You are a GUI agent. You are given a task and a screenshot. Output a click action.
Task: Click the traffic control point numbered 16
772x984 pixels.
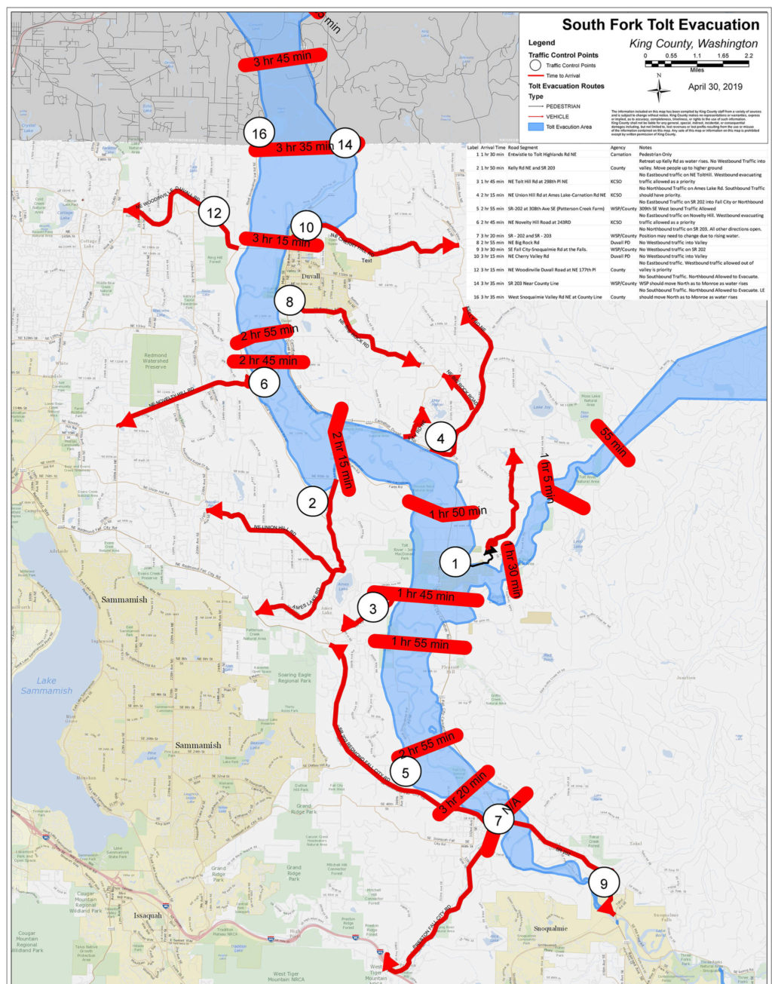259,134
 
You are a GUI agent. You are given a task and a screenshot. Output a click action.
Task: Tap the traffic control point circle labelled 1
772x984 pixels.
455,563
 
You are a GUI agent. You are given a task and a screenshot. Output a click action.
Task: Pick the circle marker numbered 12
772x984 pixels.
214,213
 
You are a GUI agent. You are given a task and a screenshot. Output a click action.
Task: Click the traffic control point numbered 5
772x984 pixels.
406,773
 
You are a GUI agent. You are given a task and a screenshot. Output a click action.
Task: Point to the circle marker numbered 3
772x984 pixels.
372,608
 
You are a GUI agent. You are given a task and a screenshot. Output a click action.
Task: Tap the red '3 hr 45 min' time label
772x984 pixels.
282,59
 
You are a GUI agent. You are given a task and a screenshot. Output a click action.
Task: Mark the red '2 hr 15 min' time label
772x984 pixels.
341,448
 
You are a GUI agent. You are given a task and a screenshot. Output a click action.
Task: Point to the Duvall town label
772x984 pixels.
310,276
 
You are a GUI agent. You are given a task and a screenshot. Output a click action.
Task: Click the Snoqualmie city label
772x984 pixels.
550,928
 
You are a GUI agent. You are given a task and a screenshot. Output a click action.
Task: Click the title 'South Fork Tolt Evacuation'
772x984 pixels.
660,25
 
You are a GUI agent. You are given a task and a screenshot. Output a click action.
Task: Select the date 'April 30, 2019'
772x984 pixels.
715,87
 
